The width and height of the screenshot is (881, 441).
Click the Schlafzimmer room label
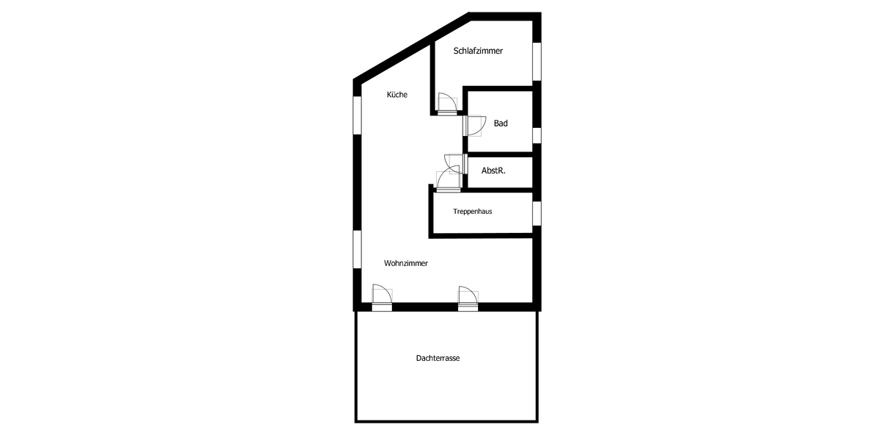(x=478, y=51)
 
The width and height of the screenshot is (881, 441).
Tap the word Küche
(x=397, y=95)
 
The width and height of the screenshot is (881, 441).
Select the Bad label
(x=501, y=123)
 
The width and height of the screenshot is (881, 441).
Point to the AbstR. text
(x=493, y=171)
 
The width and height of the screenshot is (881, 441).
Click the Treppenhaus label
(x=472, y=211)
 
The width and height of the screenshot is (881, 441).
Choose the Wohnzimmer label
(x=405, y=263)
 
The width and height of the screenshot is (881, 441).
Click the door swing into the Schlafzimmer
(x=446, y=104)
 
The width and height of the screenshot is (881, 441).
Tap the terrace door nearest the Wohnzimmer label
(x=381, y=296)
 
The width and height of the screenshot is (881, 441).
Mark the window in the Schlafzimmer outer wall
(x=537, y=61)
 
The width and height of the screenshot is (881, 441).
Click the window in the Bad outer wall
(x=537, y=135)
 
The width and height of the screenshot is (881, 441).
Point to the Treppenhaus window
(x=537, y=212)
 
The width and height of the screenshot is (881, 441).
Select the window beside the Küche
(x=358, y=115)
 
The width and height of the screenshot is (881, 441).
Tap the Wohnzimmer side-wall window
(x=358, y=250)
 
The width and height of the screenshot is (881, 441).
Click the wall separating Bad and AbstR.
(x=500, y=155)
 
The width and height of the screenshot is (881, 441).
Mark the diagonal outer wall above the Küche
(x=411, y=47)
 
